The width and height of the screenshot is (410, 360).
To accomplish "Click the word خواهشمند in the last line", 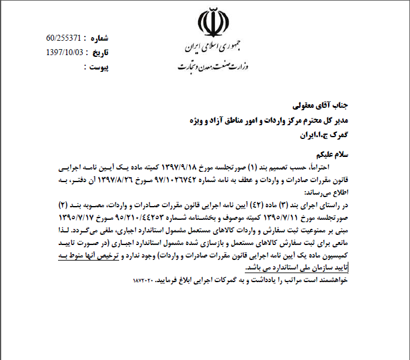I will [x=330, y=279].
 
